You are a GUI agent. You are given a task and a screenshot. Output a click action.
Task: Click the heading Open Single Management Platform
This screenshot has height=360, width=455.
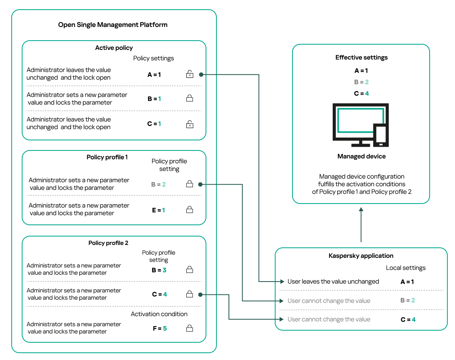[x=113, y=25]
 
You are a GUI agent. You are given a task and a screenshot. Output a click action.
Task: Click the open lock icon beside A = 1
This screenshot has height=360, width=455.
[x=189, y=74]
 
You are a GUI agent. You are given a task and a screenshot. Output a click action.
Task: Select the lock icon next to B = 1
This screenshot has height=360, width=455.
[x=189, y=98]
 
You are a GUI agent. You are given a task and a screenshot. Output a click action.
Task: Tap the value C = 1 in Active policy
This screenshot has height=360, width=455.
[x=154, y=124]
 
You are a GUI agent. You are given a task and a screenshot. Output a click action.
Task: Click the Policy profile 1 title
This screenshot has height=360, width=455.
[x=107, y=157]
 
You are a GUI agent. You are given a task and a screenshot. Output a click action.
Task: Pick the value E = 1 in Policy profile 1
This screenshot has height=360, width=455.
[x=158, y=210]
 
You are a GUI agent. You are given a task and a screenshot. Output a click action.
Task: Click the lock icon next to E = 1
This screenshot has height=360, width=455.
[x=189, y=210]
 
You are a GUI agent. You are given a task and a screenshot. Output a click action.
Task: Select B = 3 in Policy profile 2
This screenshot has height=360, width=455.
[x=159, y=270]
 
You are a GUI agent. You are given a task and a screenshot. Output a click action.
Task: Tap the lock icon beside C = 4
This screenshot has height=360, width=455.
[x=189, y=294]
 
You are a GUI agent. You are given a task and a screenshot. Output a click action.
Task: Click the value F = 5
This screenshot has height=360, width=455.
[x=159, y=328]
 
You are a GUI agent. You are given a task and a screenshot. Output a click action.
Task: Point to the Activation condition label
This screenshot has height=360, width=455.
[x=159, y=314]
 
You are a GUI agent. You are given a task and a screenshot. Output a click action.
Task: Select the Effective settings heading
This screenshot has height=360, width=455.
[x=361, y=58]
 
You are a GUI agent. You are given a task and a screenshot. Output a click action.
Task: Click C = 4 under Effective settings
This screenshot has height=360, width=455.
[x=361, y=93]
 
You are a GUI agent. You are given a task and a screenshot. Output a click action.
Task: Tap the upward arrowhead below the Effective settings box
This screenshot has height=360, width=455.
[x=361, y=210]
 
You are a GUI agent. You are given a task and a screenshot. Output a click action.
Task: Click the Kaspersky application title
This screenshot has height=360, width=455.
[x=361, y=255]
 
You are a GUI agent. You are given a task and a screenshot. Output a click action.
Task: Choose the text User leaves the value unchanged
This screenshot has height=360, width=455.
[x=333, y=282]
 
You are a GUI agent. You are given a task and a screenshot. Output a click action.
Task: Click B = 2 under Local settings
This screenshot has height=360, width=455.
[x=407, y=300]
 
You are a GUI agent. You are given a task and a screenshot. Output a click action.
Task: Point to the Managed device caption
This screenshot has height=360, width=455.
[x=361, y=156]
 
